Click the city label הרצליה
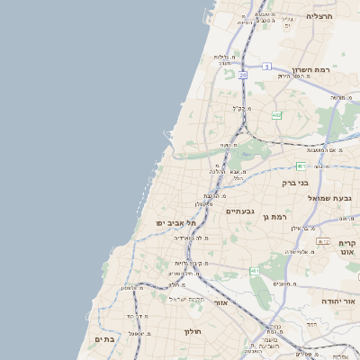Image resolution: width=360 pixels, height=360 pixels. pos(319,16)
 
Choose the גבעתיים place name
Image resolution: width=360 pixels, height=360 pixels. pos(239,211)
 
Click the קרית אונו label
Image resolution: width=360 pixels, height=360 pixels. pos(348,247)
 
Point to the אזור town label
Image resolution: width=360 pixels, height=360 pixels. pos(221,302)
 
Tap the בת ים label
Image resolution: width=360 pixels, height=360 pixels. pos(103,339)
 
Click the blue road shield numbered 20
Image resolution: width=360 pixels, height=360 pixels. pos(242,76)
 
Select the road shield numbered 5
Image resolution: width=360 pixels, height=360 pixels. pos(267,66)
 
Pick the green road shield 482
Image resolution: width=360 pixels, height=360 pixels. pos(275,115)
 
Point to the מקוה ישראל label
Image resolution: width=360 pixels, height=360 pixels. pos(188,298)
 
